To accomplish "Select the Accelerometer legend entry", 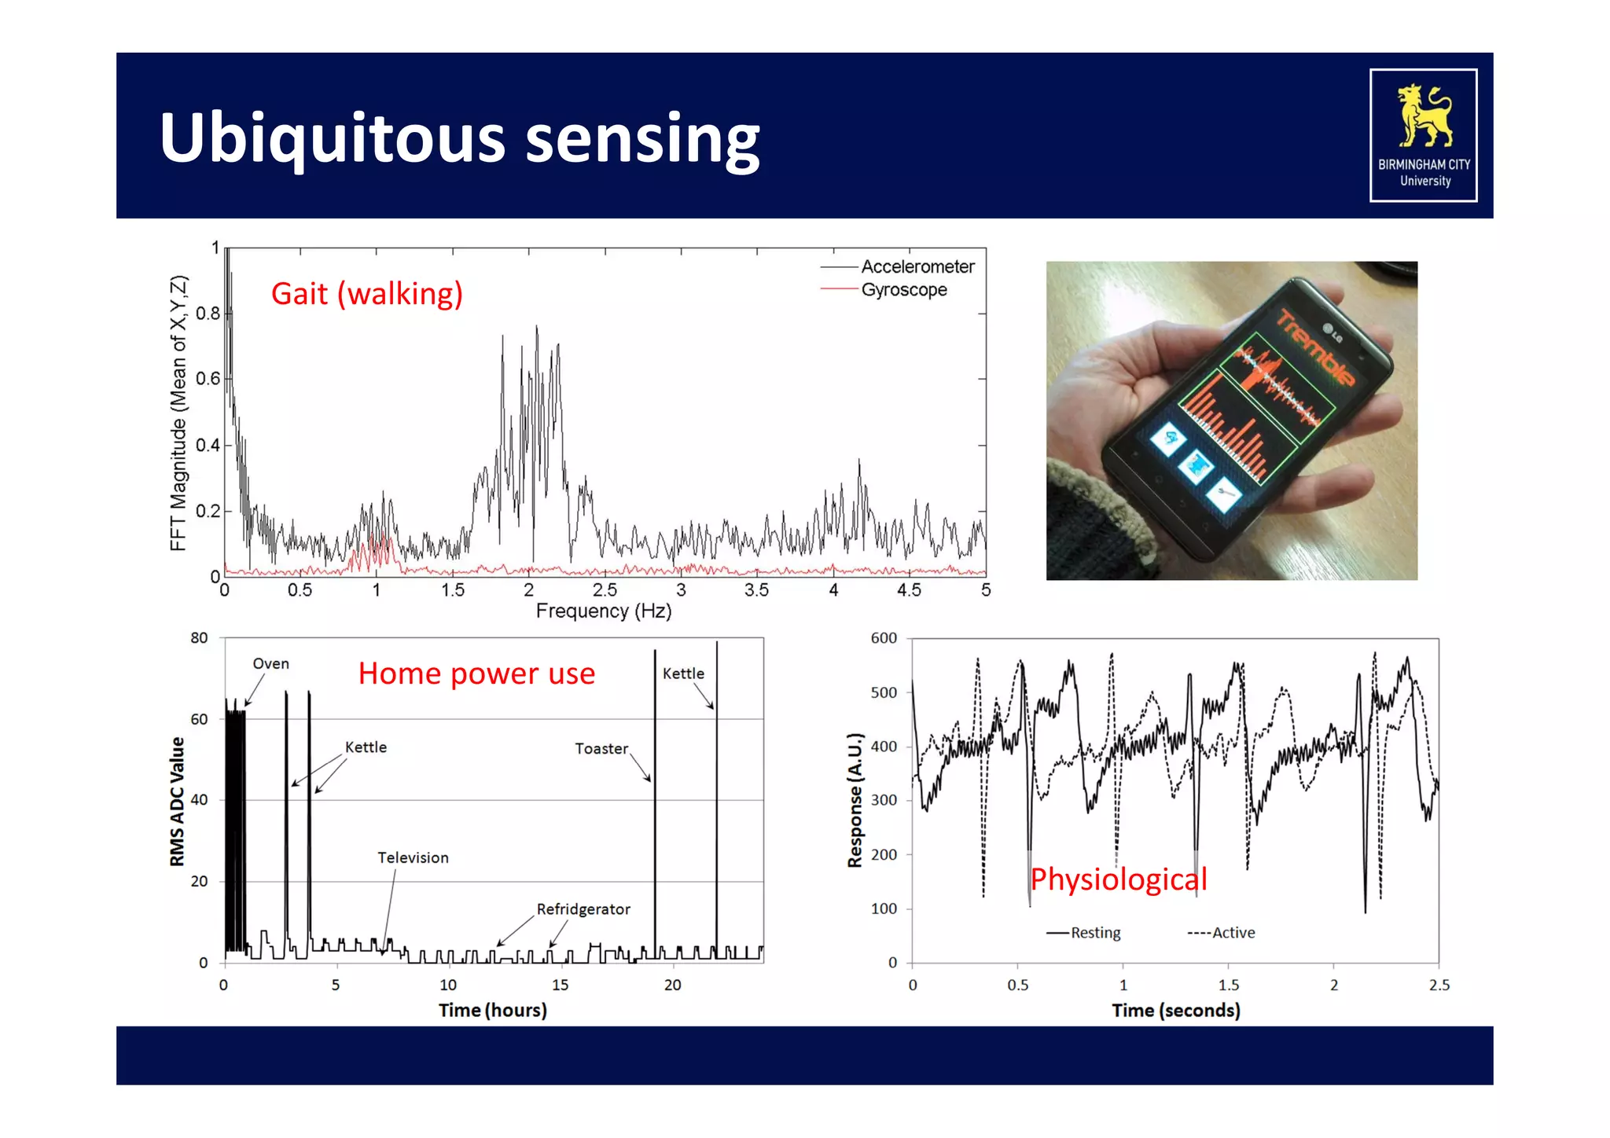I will (917, 267).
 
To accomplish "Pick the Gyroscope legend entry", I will (903, 290).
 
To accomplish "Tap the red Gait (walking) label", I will (366, 294).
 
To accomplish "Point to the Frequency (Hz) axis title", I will (603, 611).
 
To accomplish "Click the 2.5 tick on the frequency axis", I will (605, 590).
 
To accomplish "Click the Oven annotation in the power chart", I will (270, 664).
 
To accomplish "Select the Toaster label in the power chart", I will (601, 749).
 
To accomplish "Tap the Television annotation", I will (413, 858).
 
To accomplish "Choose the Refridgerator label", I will (583, 909).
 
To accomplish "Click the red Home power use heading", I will (476, 674).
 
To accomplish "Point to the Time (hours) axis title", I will (492, 1011).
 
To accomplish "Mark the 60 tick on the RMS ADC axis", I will (199, 719).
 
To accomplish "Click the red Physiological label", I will (1118, 879).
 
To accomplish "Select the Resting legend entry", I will (1095, 933).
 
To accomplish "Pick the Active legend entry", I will (1233, 933).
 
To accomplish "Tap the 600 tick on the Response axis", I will (884, 638).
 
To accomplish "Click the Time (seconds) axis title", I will (1175, 1011).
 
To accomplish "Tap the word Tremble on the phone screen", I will (1315, 348).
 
